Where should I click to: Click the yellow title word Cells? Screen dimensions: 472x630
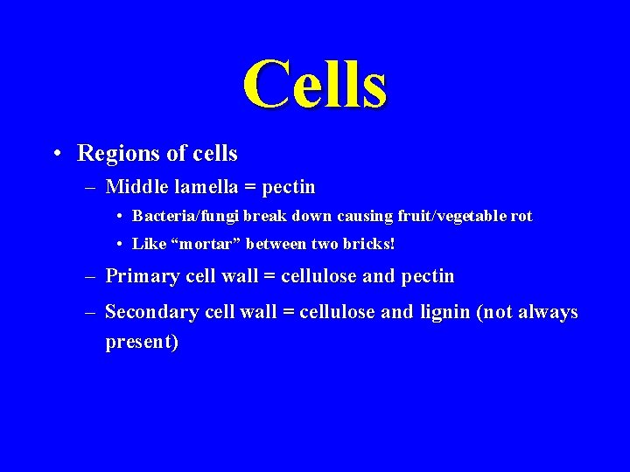click(x=315, y=85)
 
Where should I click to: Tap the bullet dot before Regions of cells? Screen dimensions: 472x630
click(x=56, y=155)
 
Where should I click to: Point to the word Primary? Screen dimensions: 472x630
click(x=140, y=276)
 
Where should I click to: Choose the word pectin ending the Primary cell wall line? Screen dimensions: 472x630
click(x=427, y=276)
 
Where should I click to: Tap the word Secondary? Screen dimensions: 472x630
click(x=150, y=312)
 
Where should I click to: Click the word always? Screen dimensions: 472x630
click(x=548, y=312)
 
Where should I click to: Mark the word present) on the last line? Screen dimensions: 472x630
click(x=142, y=342)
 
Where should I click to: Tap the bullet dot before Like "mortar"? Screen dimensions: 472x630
click(x=118, y=245)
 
